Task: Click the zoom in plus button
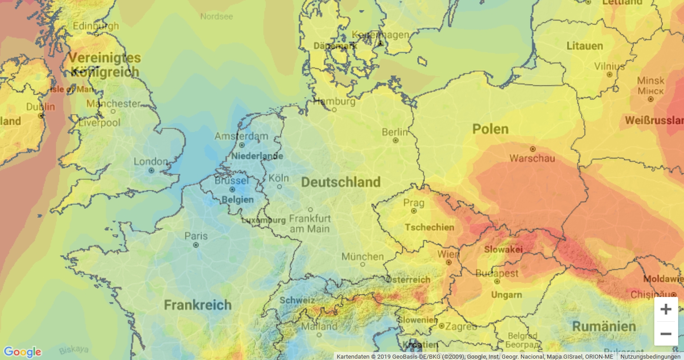666,309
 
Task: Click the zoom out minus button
666,334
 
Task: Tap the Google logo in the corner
22,352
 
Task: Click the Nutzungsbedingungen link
650,357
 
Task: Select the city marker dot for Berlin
396,140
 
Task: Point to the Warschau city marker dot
533,149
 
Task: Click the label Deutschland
341,182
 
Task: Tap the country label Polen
490,129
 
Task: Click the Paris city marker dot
196,245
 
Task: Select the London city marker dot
151,171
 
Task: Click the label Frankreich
198,305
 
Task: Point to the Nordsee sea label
216,17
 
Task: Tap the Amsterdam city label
241,136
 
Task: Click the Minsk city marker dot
650,99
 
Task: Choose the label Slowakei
503,249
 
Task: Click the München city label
362,256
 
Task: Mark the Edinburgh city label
96,26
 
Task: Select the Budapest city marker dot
497,282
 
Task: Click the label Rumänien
604,326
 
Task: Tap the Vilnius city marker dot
609,75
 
